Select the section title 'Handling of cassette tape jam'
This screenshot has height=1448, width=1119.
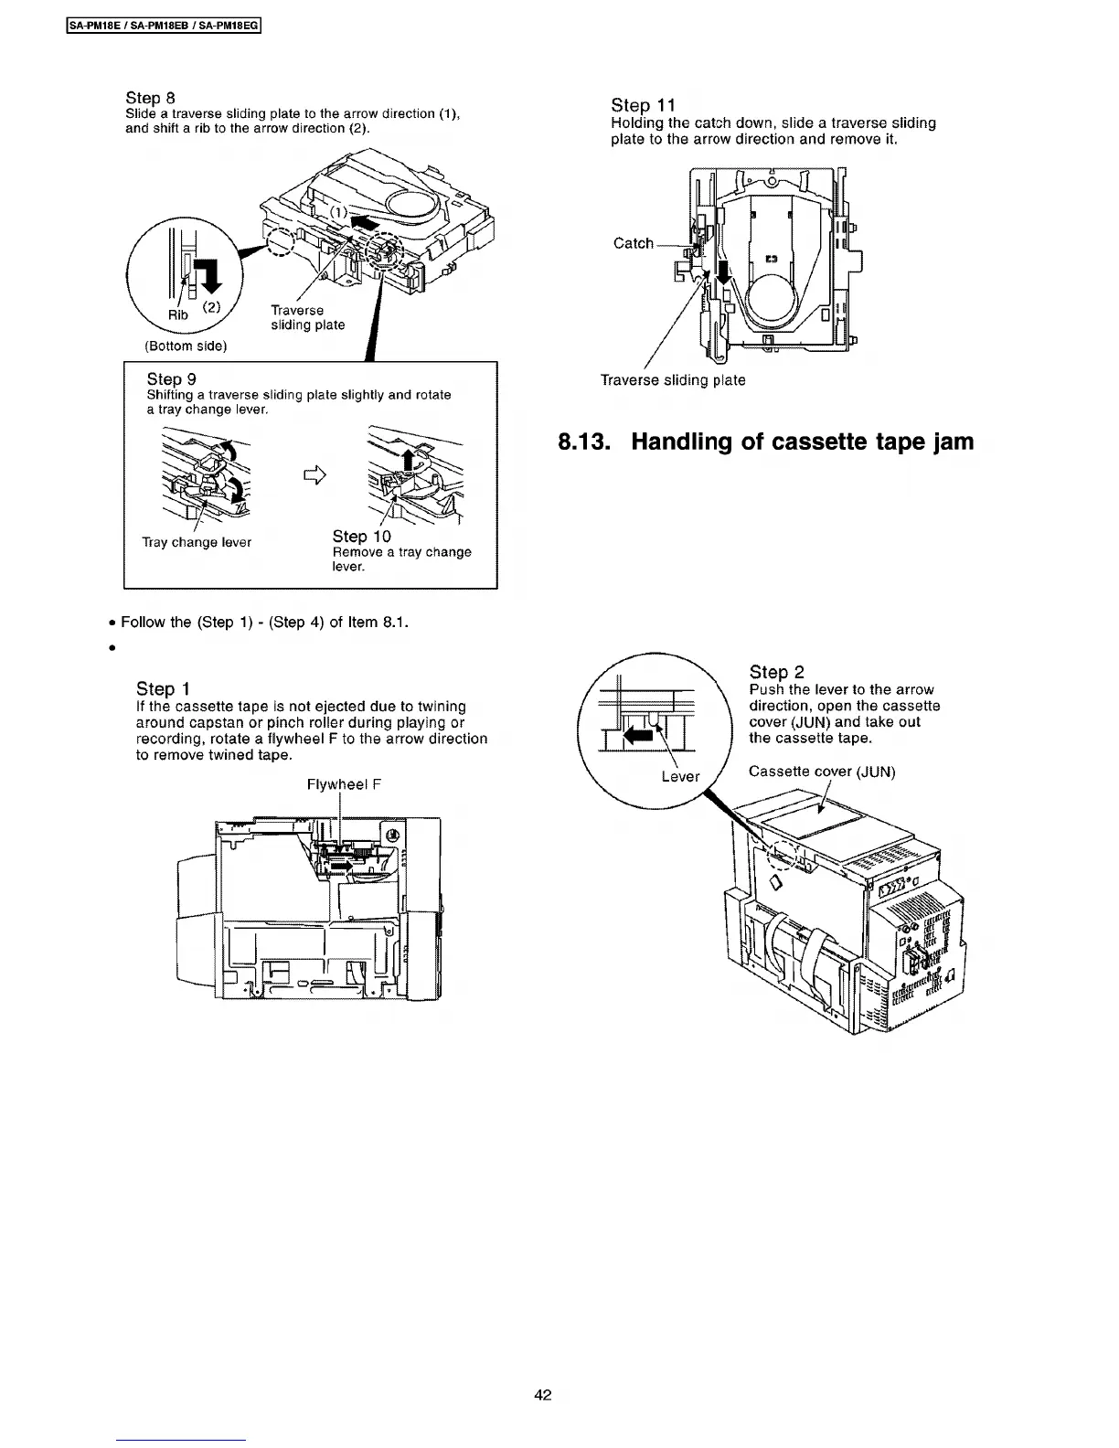click(x=766, y=442)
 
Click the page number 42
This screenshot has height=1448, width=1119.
click(x=543, y=1395)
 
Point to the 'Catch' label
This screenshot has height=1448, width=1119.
click(x=634, y=243)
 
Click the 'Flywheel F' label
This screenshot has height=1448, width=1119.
click(x=343, y=784)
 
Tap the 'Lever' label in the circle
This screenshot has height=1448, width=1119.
click(x=680, y=776)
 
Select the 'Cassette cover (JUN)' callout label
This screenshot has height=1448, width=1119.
click(x=821, y=772)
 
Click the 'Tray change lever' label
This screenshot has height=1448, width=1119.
click(x=197, y=542)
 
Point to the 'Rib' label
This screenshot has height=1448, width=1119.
click(x=178, y=314)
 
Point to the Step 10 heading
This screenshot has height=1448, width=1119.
click(x=361, y=537)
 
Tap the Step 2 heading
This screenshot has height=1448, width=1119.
click(x=776, y=673)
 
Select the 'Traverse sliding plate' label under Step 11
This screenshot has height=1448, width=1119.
click(x=672, y=379)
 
